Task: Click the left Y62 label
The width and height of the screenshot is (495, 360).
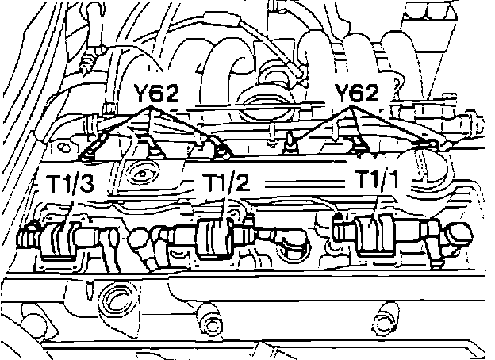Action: (x=156, y=93)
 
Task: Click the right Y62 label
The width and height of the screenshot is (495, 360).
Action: (x=356, y=93)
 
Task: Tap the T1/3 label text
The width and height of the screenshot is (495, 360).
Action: (x=70, y=184)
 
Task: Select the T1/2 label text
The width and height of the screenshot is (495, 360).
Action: (x=226, y=182)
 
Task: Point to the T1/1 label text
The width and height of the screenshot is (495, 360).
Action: (x=378, y=179)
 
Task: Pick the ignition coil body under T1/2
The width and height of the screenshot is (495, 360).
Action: (x=216, y=237)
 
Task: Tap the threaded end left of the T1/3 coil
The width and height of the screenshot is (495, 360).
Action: (x=29, y=237)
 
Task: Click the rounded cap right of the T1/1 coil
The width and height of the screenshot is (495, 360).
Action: (x=459, y=235)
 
